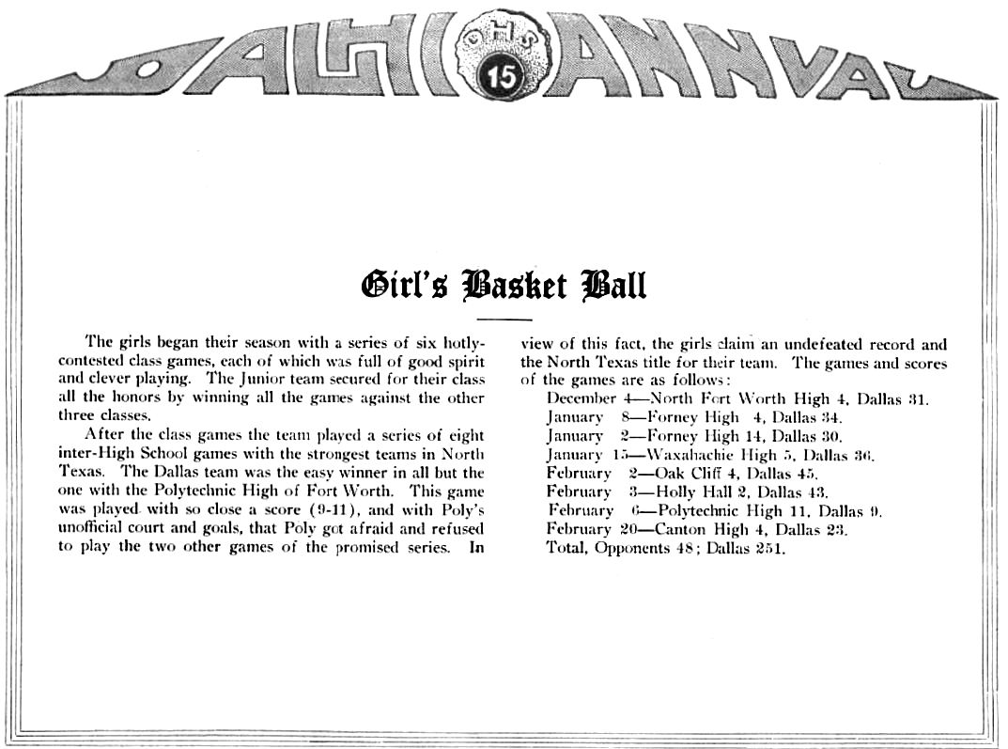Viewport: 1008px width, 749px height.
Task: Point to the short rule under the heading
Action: (x=510, y=320)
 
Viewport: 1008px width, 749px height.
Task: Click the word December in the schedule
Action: (x=581, y=398)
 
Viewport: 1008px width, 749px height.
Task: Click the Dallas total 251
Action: (x=771, y=548)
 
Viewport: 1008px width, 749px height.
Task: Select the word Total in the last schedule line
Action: (x=567, y=548)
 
